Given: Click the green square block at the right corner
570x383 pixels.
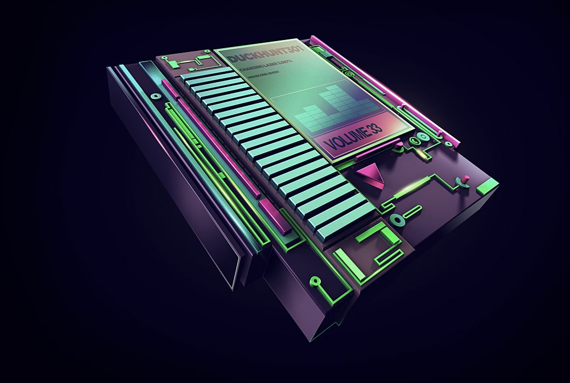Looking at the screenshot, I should [487, 186].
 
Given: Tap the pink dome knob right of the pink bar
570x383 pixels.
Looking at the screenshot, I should [400, 146].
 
